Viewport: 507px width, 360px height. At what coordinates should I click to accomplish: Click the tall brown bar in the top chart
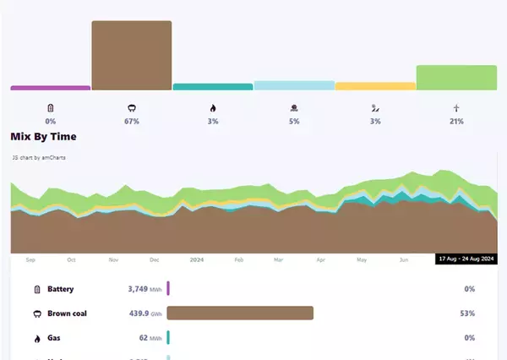(132, 56)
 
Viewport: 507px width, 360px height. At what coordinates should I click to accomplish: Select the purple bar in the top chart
(50, 87)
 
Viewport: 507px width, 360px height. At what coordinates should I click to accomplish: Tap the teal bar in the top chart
(213, 86)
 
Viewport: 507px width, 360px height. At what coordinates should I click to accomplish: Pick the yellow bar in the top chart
(375, 85)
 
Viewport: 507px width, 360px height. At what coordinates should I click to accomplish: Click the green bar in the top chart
(456, 78)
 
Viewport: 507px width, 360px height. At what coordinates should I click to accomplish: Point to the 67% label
(132, 122)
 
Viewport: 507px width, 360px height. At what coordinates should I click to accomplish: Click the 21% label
(456, 122)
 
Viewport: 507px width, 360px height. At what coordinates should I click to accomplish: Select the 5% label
(294, 122)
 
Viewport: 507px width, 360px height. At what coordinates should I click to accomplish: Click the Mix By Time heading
(44, 136)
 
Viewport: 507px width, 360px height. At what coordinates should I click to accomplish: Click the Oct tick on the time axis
(72, 260)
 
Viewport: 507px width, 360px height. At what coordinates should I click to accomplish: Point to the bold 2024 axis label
(197, 260)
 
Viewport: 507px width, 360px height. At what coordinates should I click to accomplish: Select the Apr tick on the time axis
(320, 260)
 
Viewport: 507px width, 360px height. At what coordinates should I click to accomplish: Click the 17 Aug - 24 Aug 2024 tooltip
(466, 259)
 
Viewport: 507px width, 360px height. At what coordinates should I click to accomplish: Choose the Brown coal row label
(68, 314)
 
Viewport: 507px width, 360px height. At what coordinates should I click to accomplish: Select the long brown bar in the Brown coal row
(240, 314)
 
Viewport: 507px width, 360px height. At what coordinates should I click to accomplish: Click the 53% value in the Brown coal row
(469, 314)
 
